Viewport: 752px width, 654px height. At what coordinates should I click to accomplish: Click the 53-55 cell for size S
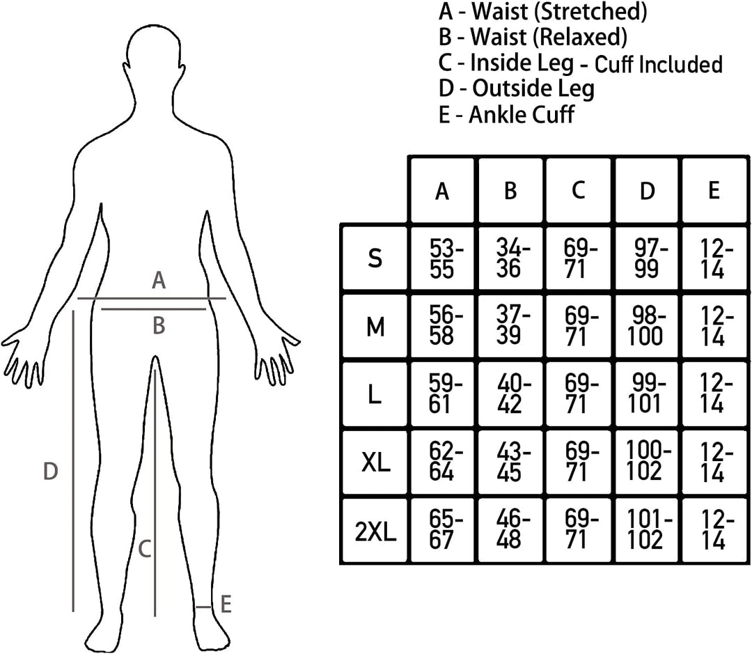441,258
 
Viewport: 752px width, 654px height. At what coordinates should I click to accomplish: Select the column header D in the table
647,191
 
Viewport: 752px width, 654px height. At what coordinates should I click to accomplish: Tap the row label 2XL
375,531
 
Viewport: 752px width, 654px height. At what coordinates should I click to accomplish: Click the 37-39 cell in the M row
510,326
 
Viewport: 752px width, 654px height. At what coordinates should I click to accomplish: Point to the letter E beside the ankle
226,604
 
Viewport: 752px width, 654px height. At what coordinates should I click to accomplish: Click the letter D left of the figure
50,472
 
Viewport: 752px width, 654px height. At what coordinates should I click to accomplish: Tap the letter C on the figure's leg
144,549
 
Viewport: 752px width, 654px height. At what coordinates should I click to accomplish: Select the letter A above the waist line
159,280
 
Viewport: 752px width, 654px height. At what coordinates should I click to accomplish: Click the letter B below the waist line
159,325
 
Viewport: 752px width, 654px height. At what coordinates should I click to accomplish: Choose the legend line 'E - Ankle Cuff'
506,115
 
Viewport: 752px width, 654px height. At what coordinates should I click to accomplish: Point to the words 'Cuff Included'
659,64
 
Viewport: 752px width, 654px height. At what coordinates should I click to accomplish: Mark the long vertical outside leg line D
73,460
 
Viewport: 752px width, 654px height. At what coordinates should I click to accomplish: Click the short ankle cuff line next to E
203,607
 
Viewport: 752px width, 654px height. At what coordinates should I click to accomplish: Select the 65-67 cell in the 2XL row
441,531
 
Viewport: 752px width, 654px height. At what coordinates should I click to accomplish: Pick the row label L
375,394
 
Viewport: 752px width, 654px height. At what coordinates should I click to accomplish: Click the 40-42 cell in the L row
510,394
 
